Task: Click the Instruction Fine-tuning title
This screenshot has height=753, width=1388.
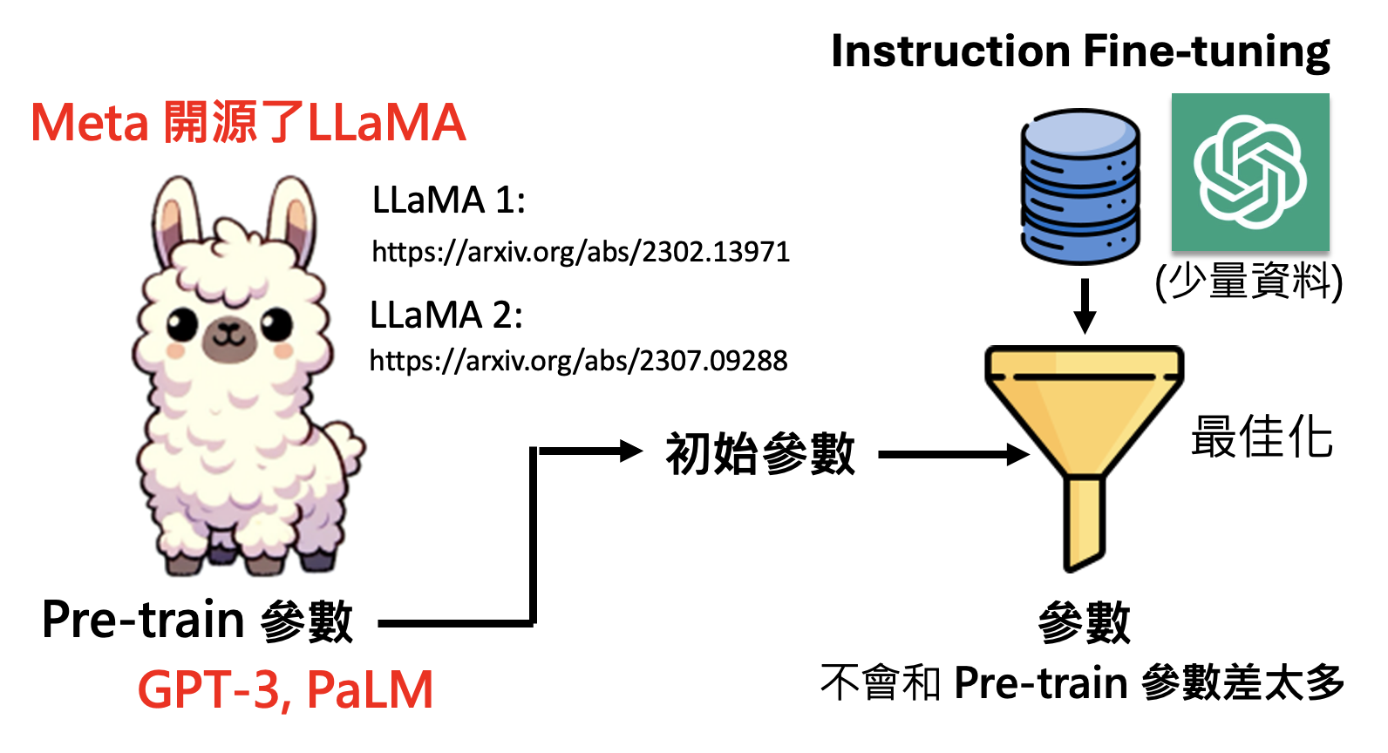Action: (x=1079, y=51)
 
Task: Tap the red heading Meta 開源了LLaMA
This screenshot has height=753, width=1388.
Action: (x=248, y=123)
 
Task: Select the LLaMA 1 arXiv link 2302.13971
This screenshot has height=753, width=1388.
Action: (x=581, y=252)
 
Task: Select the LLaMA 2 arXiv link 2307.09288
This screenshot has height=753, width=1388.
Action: (x=579, y=360)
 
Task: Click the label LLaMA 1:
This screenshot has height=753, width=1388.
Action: (x=448, y=200)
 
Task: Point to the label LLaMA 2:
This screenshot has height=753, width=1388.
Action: (x=446, y=315)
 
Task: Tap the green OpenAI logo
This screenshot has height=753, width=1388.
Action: (x=1249, y=172)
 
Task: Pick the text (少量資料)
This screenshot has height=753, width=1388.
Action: (x=1249, y=282)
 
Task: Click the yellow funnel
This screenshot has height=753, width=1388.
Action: (x=1084, y=418)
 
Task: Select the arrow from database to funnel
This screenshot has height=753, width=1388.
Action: (x=1085, y=306)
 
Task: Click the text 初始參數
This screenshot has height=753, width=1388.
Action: (x=760, y=453)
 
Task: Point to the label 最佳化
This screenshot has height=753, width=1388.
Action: (x=1262, y=437)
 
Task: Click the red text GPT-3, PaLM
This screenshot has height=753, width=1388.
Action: (x=285, y=690)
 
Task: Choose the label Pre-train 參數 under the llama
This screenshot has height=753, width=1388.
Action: (x=197, y=621)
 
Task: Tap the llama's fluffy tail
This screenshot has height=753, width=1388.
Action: (x=344, y=444)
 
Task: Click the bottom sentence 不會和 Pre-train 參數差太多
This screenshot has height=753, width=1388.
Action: (x=1082, y=682)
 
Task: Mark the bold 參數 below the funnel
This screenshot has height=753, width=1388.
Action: (x=1084, y=622)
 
